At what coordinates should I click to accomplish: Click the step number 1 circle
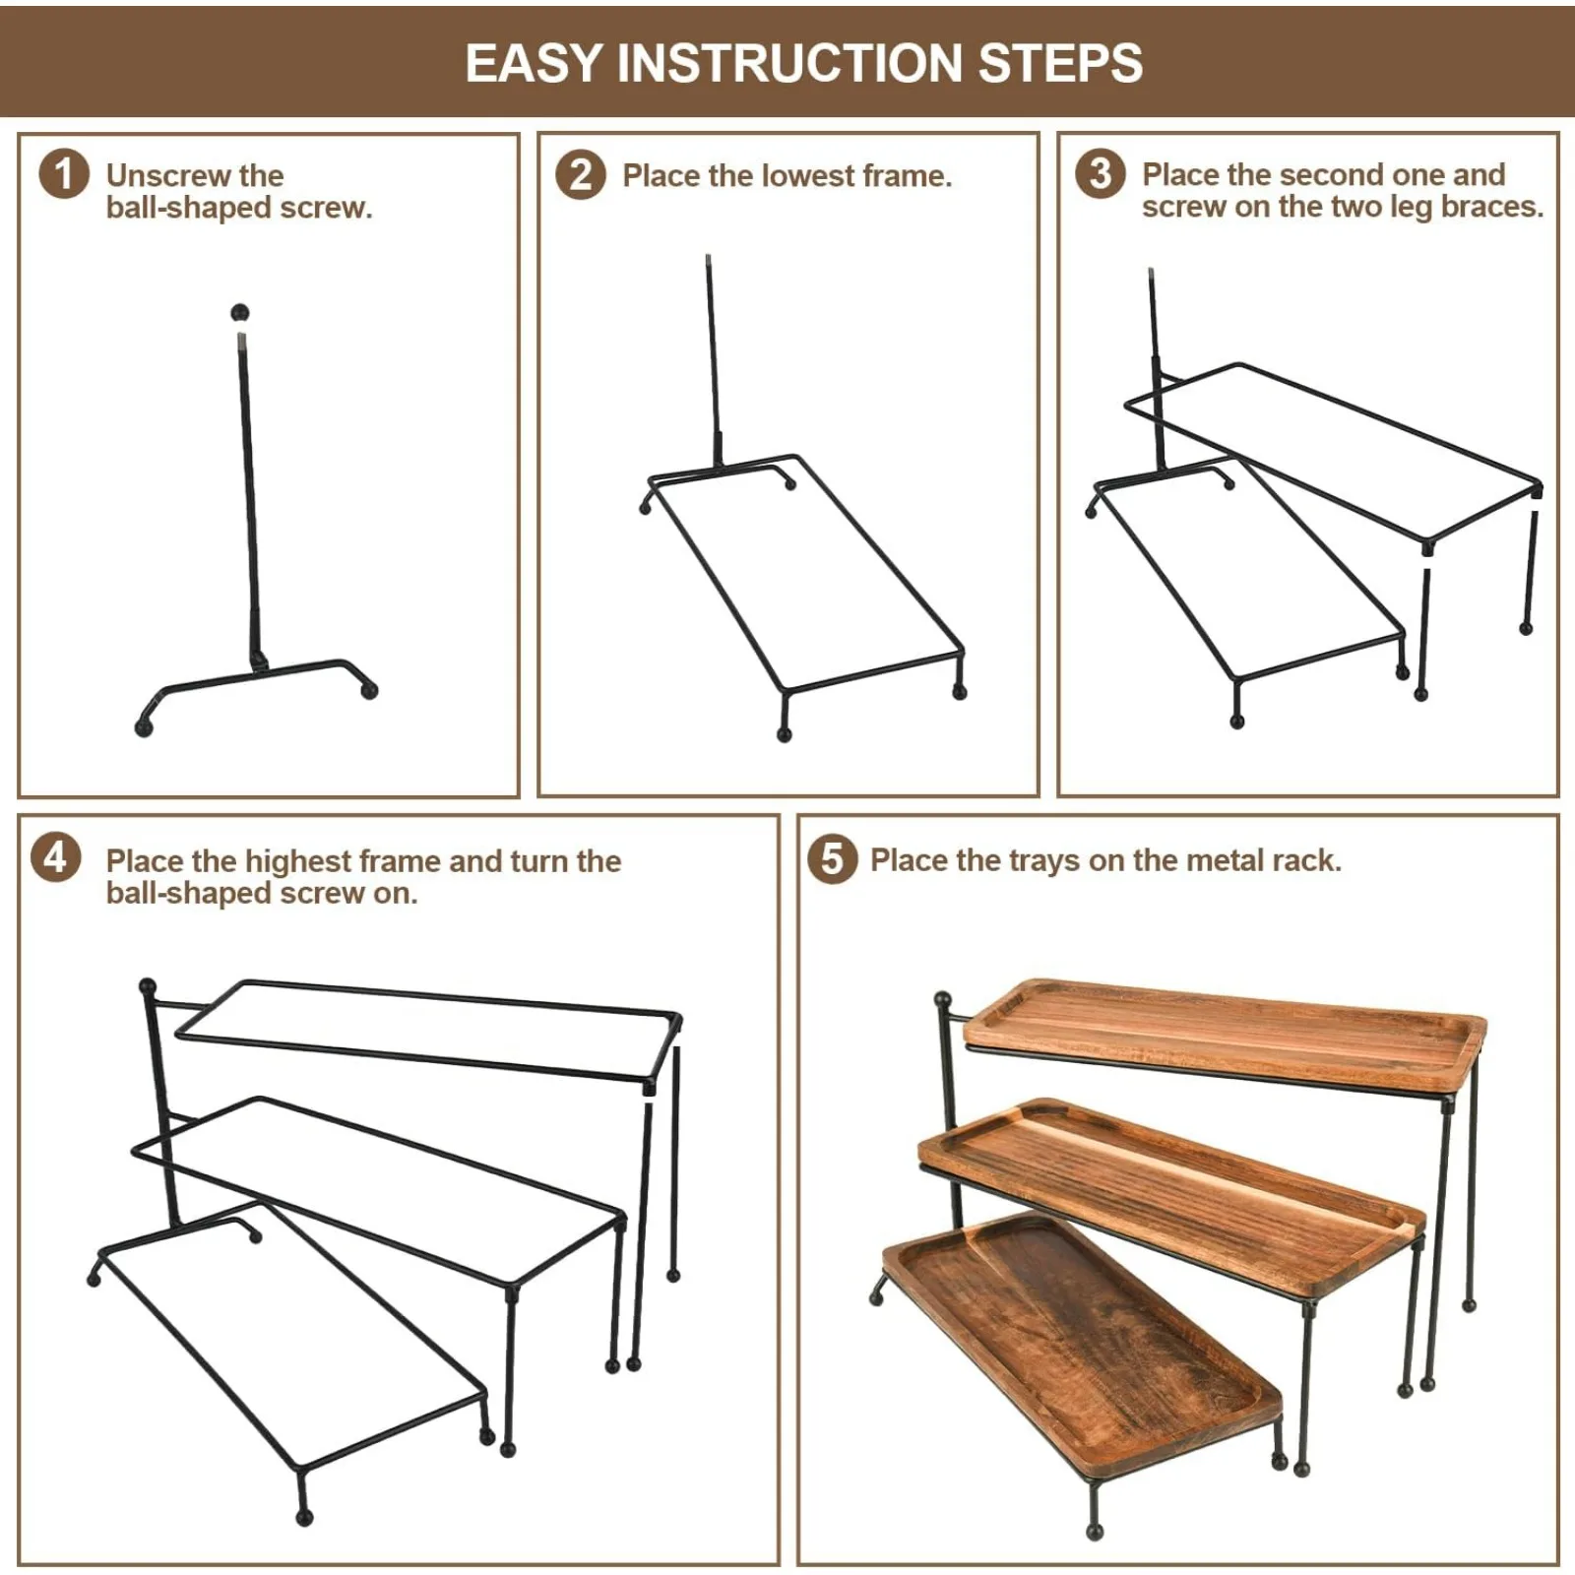point(64,174)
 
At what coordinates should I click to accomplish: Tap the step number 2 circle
point(581,175)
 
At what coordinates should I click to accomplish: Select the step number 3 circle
point(1101,173)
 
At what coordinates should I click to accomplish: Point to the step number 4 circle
point(56,857)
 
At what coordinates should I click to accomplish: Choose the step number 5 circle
point(833,858)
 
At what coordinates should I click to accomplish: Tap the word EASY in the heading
point(533,63)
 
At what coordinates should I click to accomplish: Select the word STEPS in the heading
point(1060,63)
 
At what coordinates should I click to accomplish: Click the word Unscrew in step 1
point(166,175)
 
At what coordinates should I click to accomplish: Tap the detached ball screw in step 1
point(239,314)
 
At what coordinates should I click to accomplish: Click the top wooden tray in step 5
point(1225,1036)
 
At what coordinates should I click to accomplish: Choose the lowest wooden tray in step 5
point(1083,1345)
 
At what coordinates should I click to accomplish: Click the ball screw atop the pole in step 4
point(148,986)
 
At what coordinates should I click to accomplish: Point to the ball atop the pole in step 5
point(942,1000)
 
